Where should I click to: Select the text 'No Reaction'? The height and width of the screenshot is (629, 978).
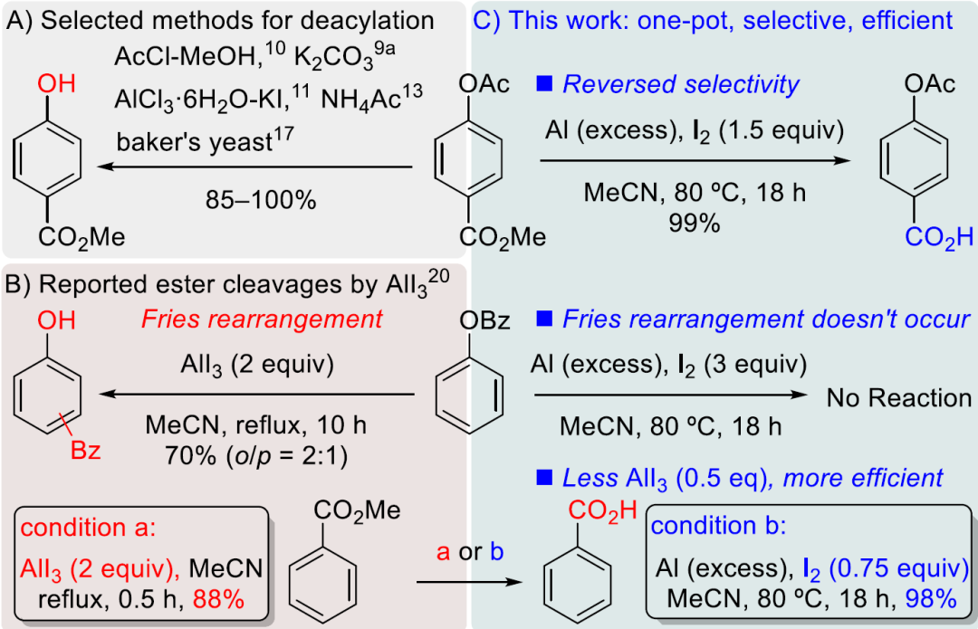898,397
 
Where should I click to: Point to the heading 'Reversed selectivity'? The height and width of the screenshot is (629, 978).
681,85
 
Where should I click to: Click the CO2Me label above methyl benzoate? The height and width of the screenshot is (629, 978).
357,510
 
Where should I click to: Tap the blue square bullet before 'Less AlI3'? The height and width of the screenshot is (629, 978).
544,476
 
